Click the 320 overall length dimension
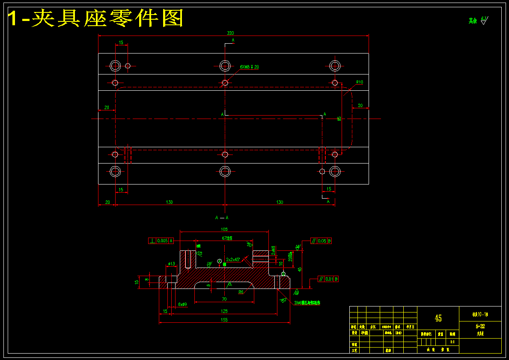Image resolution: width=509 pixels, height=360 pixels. click(x=230, y=33)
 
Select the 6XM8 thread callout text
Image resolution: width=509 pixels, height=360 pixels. click(x=249, y=67)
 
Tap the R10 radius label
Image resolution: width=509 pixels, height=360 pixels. click(x=360, y=82)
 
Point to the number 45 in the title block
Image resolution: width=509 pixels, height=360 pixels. click(x=438, y=318)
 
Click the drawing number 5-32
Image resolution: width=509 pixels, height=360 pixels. click(x=480, y=326)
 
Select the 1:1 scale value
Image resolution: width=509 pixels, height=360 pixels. click(x=452, y=342)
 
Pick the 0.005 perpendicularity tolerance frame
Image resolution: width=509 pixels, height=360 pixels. click(x=161, y=241)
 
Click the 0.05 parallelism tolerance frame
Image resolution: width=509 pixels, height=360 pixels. click(x=321, y=241)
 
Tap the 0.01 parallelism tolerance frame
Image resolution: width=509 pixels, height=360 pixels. click(x=328, y=279)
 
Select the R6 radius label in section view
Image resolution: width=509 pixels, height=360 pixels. click(x=241, y=292)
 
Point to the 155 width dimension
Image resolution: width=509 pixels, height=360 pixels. click(x=224, y=320)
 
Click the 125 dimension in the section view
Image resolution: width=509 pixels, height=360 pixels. click(x=224, y=311)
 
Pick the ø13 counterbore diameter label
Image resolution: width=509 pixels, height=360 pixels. click(x=171, y=264)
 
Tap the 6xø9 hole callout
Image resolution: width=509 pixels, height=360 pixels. click(x=182, y=304)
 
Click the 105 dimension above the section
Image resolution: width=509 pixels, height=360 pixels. click(x=224, y=229)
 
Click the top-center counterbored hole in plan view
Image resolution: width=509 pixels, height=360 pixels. click(x=225, y=66)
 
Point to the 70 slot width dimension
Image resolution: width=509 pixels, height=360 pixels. click(x=224, y=299)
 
